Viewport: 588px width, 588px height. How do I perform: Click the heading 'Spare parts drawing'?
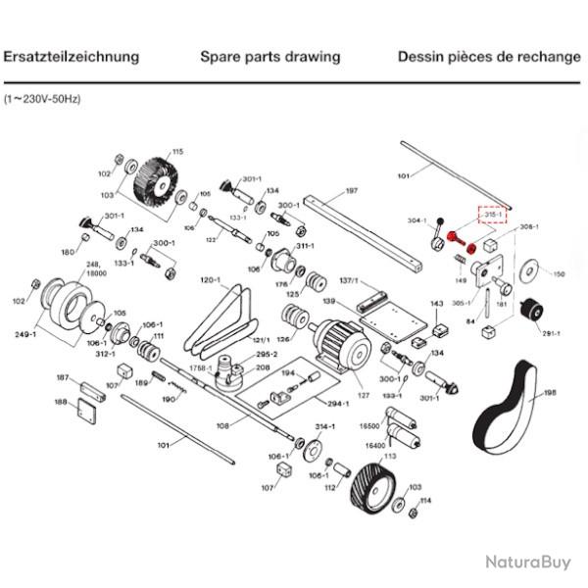pyautogui.click(x=269, y=57)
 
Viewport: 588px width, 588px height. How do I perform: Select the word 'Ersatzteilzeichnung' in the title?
pyautogui.click(x=72, y=57)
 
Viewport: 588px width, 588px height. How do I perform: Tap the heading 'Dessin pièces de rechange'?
pyautogui.click(x=489, y=57)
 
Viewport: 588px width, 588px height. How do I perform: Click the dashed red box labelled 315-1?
pyautogui.click(x=491, y=214)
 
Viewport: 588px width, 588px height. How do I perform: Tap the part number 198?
pyautogui.click(x=550, y=393)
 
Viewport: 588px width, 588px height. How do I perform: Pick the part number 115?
pyautogui.click(x=177, y=152)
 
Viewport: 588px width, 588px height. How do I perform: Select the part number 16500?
pyautogui.click(x=369, y=427)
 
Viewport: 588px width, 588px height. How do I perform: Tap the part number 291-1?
pyautogui.click(x=552, y=333)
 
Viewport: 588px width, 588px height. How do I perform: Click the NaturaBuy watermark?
pyautogui.click(x=527, y=562)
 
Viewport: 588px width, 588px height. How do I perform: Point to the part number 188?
pyautogui.click(x=61, y=402)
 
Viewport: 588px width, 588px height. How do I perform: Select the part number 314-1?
pyautogui.click(x=324, y=428)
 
